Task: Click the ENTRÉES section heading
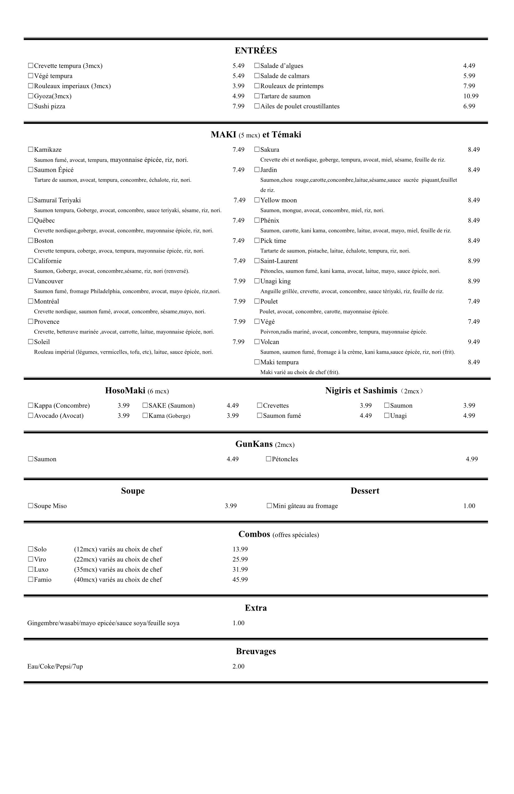(256, 51)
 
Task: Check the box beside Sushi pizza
(31, 106)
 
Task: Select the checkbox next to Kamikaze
(31, 149)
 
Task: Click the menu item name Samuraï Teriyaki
(57, 200)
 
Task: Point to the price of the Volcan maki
(474, 342)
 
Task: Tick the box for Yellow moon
(257, 200)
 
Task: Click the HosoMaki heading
(125, 391)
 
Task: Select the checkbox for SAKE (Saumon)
(145, 406)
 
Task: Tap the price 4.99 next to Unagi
(469, 416)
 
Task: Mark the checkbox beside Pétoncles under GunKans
(269, 459)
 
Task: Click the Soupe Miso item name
(50, 506)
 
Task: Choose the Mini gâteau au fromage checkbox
(269, 506)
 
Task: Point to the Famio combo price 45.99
(240, 579)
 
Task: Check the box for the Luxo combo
(31, 570)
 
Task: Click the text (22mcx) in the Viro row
(85, 560)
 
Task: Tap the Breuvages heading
(256, 651)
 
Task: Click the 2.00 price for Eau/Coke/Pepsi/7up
(238, 667)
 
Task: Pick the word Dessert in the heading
(365, 491)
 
